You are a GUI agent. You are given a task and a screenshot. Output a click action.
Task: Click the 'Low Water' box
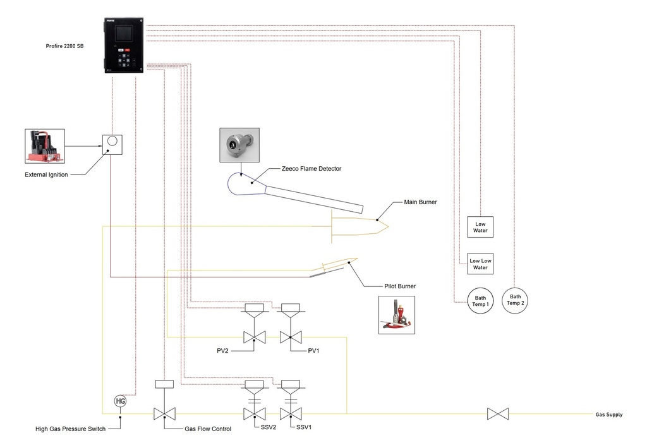pyautogui.click(x=481, y=226)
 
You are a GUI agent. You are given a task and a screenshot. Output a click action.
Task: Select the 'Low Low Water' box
pyautogui.click(x=481, y=263)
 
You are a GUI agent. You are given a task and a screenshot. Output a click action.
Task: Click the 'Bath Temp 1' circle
pyautogui.click(x=480, y=300)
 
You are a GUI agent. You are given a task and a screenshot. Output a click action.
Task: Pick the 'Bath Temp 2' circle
pyautogui.click(x=516, y=300)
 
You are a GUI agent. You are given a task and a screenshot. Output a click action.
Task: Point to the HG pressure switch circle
pyautogui.click(x=120, y=401)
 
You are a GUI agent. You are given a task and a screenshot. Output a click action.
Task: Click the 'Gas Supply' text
pyautogui.click(x=609, y=415)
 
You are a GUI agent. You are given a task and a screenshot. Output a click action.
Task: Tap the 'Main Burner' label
pyautogui.click(x=420, y=203)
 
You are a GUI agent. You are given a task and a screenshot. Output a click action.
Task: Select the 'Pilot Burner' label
pyautogui.click(x=400, y=286)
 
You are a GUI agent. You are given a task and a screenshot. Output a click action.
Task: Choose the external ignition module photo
pyautogui.click(x=44, y=147)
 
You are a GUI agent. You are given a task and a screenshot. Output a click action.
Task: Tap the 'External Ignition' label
pyautogui.click(x=46, y=174)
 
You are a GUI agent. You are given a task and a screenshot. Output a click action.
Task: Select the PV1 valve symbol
pyautogui.click(x=290, y=338)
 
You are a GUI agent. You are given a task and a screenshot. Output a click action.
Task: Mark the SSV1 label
pyautogui.click(x=305, y=428)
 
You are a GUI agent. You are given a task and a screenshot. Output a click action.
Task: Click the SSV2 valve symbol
pyautogui.click(x=254, y=414)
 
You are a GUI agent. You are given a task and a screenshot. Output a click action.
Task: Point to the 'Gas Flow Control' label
pyautogui.click(x=208, y=429)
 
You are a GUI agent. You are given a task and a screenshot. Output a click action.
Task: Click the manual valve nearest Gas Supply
pyautogui.click(x=498, y=414)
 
